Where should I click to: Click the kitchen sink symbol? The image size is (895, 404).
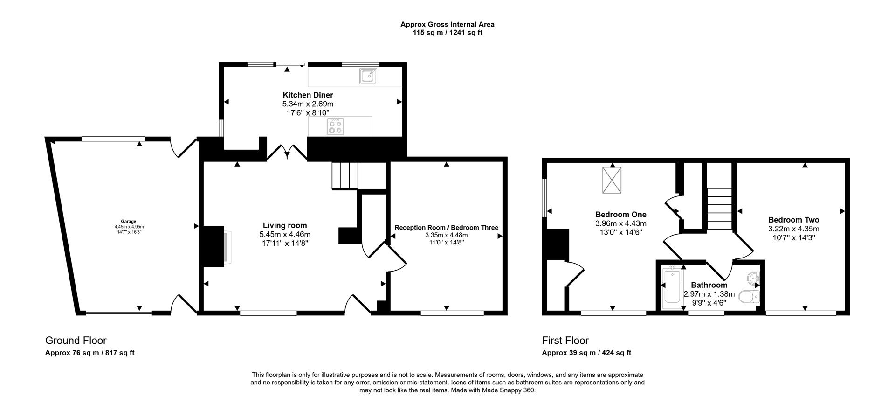(x=368, y=76)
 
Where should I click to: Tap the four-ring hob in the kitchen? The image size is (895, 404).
(x=335, y=126)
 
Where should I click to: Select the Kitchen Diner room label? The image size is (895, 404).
(x=308, y=95)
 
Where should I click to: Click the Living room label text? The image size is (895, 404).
(x=284, y=226)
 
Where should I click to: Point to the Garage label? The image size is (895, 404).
(x=129, y=222)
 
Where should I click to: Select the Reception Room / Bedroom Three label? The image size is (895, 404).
(x=446, y=228)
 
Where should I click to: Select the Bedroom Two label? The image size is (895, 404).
(x=793, y=220)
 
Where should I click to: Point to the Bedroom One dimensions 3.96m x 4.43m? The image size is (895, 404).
(x=620, y=223)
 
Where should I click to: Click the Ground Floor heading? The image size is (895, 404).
(x=76, y=341)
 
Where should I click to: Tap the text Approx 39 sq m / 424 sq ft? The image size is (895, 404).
(x=586, y=353)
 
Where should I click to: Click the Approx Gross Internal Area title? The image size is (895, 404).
(x=447, y=24)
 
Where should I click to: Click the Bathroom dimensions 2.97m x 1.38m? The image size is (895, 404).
(x=709, y=294)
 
